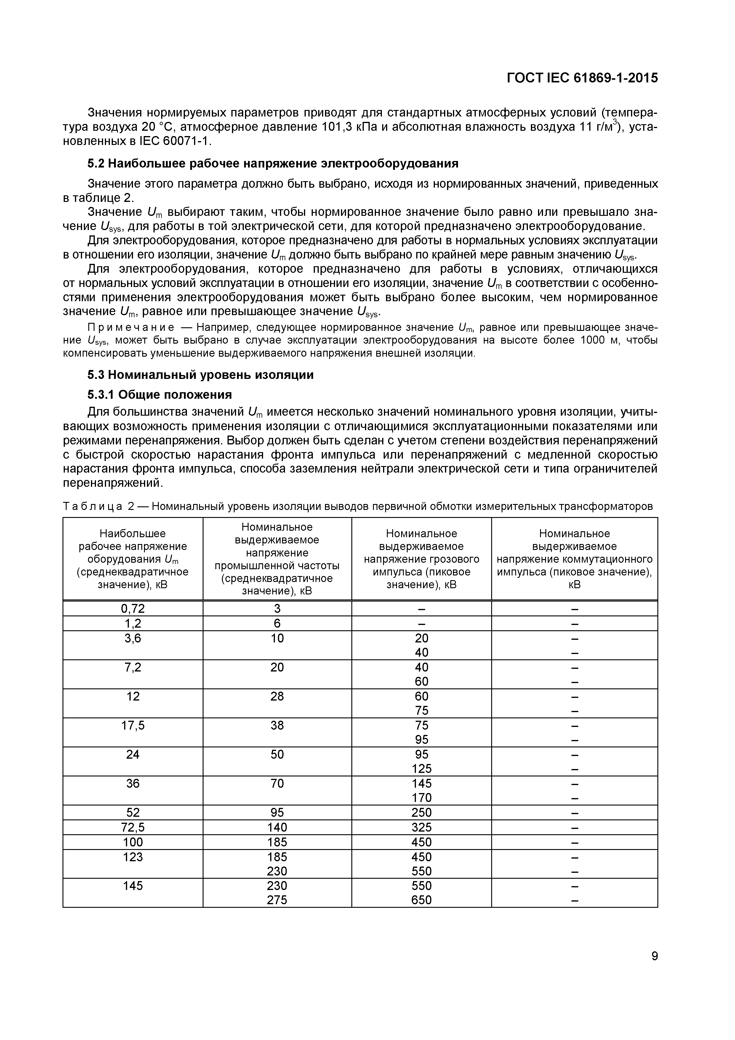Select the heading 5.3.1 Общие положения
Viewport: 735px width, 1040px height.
click(x=159, y=395)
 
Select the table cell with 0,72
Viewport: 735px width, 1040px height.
click(x=133, y=609)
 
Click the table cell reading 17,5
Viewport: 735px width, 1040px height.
click(x=133, y=725)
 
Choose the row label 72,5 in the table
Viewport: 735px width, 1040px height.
click(x=133, y=827)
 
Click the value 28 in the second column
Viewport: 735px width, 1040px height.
click(x=277, y=696)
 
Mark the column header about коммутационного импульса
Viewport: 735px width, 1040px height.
click(x=574, y=559)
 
